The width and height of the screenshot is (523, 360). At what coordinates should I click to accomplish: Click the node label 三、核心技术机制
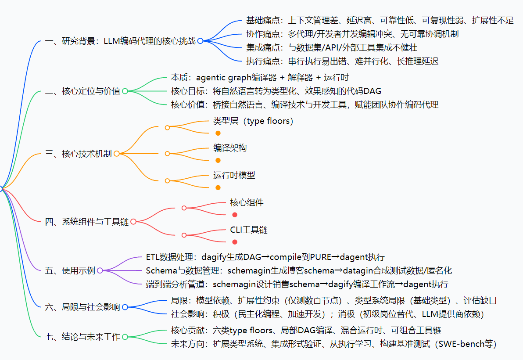tap(79, 154)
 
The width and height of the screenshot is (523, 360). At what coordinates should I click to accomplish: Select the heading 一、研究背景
tap(70, 41)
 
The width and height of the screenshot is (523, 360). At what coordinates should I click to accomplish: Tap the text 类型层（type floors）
tap(253, 121)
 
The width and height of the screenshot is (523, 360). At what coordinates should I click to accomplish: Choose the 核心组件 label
tap(247, 202)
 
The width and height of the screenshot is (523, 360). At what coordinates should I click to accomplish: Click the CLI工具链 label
tap(249, 230)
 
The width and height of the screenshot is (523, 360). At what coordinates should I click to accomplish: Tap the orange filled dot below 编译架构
tap(218, 160)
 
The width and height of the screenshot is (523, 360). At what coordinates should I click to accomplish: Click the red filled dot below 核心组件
tap(235, 215)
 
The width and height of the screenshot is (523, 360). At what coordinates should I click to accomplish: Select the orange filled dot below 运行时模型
tap(218, 187)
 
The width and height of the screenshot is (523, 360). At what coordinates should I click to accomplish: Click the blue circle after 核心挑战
tap(200, 41)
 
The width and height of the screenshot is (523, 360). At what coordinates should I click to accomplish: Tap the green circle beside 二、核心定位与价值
tap(125, 91)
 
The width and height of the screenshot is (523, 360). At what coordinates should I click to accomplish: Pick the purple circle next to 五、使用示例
tap(100, 270)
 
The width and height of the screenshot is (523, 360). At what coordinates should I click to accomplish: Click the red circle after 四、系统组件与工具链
tap(133, 222)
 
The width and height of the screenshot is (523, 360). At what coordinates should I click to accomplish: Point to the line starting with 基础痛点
tap(380, 20)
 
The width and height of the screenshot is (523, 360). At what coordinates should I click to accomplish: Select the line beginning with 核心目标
tap(276, 91)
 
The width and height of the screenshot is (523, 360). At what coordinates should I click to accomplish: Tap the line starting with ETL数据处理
tap(265, 257)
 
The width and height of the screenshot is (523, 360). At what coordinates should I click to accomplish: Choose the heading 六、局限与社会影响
tap(82, 307)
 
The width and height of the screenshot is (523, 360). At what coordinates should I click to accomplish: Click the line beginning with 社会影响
tap(327, 314)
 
